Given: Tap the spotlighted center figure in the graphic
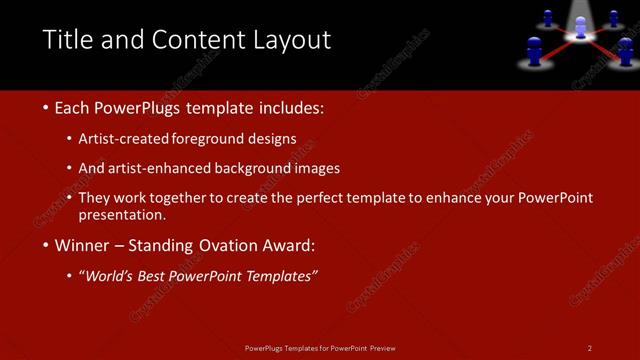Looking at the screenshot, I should click(579, 28).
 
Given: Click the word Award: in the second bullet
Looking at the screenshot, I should click(286, 245).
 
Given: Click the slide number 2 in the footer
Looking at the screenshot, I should click(589, 348).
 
